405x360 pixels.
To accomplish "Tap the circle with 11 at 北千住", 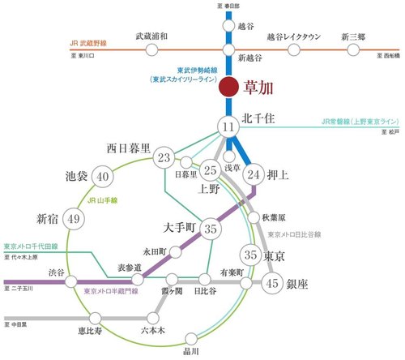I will [x=229, y=126].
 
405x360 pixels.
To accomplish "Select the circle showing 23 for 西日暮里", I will [x=165, y=157].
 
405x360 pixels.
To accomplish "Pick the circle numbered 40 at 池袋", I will [x=102, y=176].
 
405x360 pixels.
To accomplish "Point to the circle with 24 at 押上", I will [x=254, y=173].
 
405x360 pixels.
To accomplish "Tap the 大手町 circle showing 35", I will [x=211, y=229].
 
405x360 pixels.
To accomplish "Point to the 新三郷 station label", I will [x=353, y=36].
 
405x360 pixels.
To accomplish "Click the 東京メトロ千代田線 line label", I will [x=32, y=246].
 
